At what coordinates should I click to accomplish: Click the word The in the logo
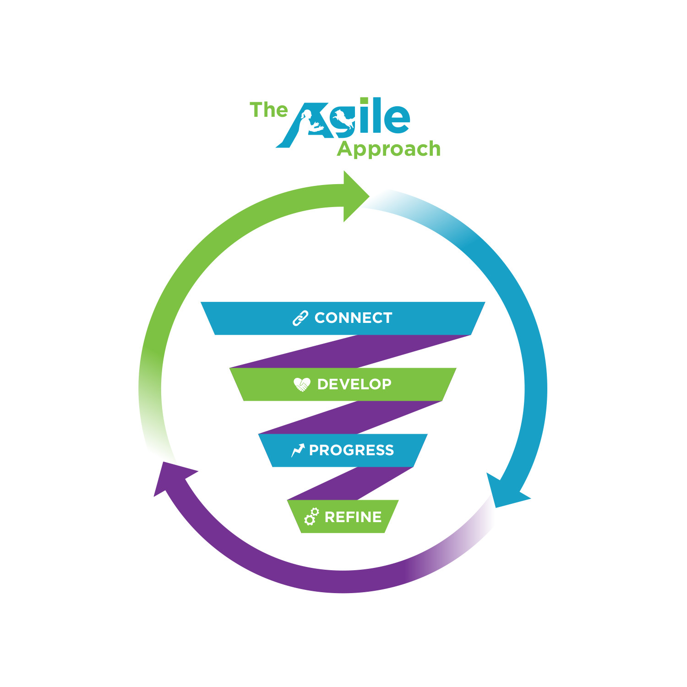click(269, 110)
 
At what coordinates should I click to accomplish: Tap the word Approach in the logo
click(389, 149)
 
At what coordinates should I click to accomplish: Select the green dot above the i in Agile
click(364, 101)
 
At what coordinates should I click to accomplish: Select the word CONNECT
click(353, 318)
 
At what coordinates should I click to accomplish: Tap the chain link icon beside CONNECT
click(300, 318)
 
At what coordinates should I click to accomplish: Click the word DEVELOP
click(354, 384)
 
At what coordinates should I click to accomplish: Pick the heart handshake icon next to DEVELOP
click(302, 384)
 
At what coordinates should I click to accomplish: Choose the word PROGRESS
click(351, 450)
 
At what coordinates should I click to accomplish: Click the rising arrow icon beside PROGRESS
click(298, 450)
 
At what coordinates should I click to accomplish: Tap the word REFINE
click(353, 517)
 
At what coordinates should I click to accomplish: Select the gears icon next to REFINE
click(311, 517)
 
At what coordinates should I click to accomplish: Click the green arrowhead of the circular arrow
click(355, 196)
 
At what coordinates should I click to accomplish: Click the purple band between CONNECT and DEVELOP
click(350, 351)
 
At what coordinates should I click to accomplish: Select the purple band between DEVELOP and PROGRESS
click(350, 417)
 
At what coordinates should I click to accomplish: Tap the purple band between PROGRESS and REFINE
click(350, 484)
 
